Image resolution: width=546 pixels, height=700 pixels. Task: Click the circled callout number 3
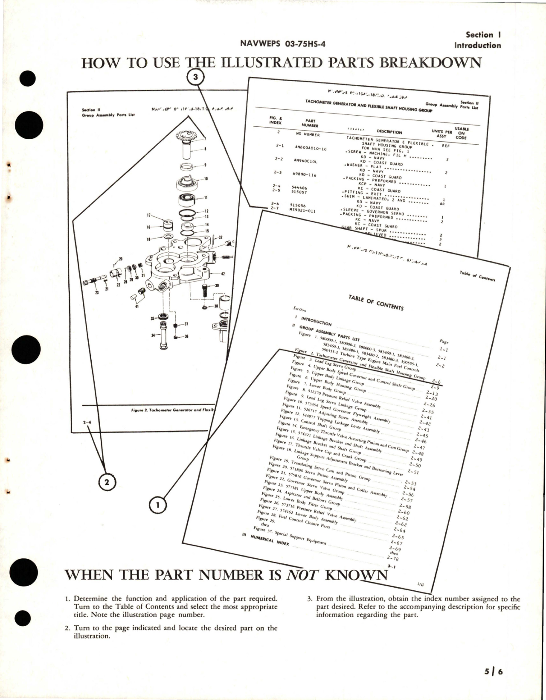click(x=196, y=77)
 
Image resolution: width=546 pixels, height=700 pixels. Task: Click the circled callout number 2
click(x=107, y=482)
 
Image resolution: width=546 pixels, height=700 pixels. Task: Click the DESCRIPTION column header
click(x=389, y=132)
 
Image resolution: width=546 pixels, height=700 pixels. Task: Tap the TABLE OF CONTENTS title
click(x=375, y=302)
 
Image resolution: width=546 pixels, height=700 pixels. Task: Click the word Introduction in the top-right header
click(x=477, y=45)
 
